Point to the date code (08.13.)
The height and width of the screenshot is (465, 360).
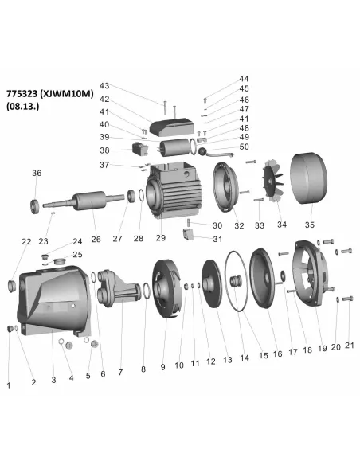[25, 104]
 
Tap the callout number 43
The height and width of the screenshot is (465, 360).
[104, 85]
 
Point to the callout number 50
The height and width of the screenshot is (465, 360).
[244, 147]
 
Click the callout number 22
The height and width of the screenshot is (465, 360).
[25, 241]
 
